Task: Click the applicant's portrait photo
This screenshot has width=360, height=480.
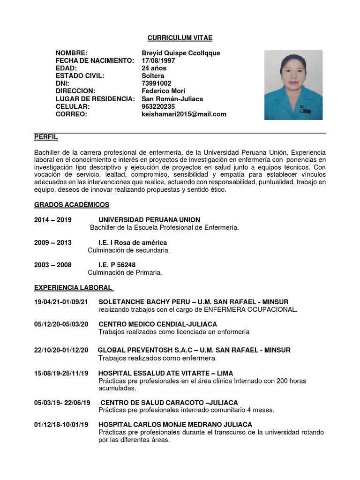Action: click(x=293, y=85)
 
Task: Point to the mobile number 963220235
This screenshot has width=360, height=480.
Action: click(x=158, y=106)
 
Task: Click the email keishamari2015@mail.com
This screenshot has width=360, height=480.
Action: click(x=184, y=114)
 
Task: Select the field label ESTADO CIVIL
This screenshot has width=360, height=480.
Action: click(x=80, y=76)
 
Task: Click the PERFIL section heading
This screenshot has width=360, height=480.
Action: click(x=46, y=137)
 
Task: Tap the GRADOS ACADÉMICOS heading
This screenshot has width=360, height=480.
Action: click(x=72, y=205)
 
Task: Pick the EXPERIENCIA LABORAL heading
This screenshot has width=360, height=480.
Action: click(x=74, y=287)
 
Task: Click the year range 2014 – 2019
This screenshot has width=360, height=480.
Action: click(x=52, y=220)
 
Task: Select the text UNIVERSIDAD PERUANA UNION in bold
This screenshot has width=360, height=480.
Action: click(x=149, y=220)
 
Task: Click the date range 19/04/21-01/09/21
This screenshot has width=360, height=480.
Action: click(x=64, y=302)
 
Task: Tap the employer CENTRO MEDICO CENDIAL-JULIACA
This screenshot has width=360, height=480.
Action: click(x=157, y=324)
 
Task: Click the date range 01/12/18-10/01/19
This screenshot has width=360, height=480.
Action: click(x=61, y=425)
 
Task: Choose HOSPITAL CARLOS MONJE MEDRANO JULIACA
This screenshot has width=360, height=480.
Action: click(x=175, y=425)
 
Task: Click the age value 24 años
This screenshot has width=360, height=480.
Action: click(x=154, y=68)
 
